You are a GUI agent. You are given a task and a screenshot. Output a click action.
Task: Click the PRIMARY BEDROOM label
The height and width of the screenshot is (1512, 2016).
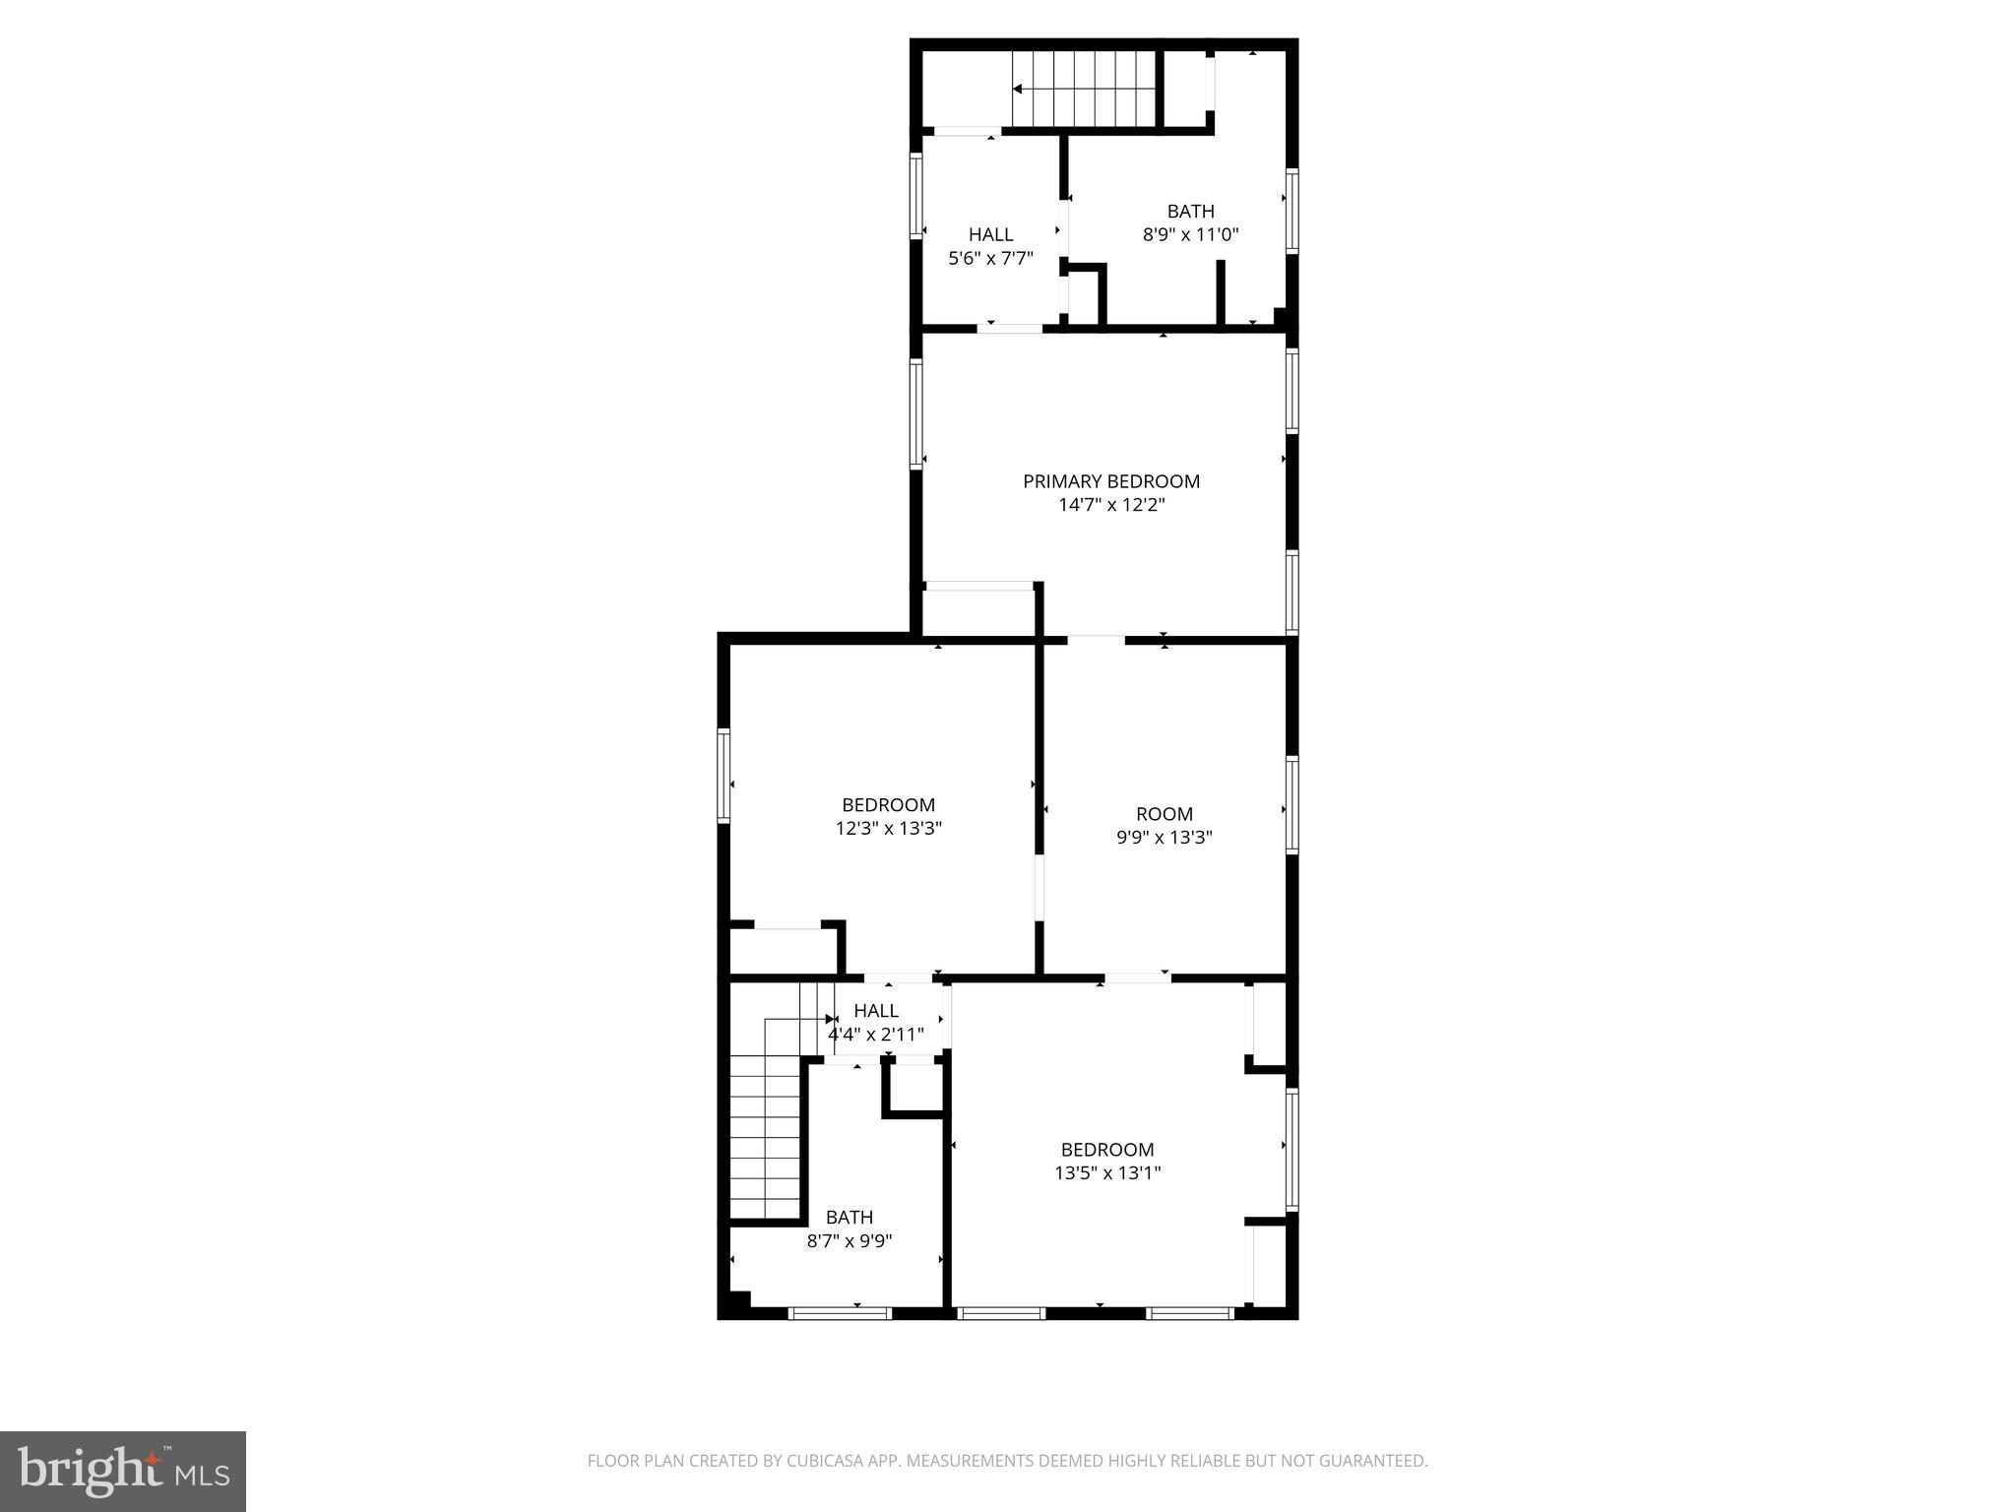click(x=1110, y=481)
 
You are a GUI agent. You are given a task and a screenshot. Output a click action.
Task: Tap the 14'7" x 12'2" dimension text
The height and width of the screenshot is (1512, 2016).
click(x=1111, y=505)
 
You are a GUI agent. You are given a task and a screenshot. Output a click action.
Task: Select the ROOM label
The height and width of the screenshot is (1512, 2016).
click(x=1164, y=814)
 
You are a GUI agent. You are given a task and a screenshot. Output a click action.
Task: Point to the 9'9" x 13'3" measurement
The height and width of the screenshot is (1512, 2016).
click(x=1164, y=838)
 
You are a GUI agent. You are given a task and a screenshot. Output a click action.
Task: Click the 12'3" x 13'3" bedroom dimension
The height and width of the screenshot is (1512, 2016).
click(x=888, y=829)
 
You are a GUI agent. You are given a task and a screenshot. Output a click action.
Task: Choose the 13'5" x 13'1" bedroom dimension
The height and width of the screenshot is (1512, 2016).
click(x=1107, y=1173)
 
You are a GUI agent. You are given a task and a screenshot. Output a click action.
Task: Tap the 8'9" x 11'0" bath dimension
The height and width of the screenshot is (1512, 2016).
click(x=1190, y=235)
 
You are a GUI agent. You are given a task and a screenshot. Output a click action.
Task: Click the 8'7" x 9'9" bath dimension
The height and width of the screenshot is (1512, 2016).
click(x=850, y=1241)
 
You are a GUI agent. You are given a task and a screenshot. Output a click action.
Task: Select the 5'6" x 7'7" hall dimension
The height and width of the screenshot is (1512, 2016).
click(x=990, y=259)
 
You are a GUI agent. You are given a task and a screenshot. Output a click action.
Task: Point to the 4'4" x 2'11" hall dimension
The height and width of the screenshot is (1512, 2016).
click(x=875, y=1035)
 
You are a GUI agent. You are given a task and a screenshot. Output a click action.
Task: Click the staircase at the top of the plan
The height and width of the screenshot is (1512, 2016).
click(x=1083, y=90)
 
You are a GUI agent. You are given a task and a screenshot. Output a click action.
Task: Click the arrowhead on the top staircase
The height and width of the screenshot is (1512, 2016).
click(x=1018, y=90)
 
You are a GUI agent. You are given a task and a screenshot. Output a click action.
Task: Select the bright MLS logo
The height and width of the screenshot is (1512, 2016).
click(x=122, y=1471)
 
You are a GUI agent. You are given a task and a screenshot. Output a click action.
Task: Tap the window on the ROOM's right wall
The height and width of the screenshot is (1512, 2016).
click(x=1291, y=803)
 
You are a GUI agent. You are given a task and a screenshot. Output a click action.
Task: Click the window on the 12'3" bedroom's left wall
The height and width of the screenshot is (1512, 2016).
click(x=724, y=775)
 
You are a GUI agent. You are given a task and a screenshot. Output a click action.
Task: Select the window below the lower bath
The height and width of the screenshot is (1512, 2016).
click(x=840, y=1313)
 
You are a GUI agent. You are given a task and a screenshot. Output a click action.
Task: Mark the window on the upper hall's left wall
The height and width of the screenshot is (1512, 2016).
click(x=915, y=195)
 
